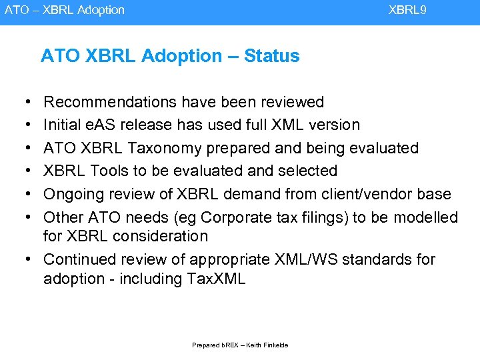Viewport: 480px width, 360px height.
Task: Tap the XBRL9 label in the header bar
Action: coord(407,10)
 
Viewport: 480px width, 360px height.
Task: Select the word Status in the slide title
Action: coord(272,56)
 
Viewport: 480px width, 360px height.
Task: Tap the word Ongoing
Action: coord(73,194)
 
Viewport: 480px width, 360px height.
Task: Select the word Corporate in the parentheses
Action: coord(239,217)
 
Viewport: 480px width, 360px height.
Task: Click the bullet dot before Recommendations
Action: coord(25,103)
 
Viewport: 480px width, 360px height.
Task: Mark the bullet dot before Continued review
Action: coord(25,259)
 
